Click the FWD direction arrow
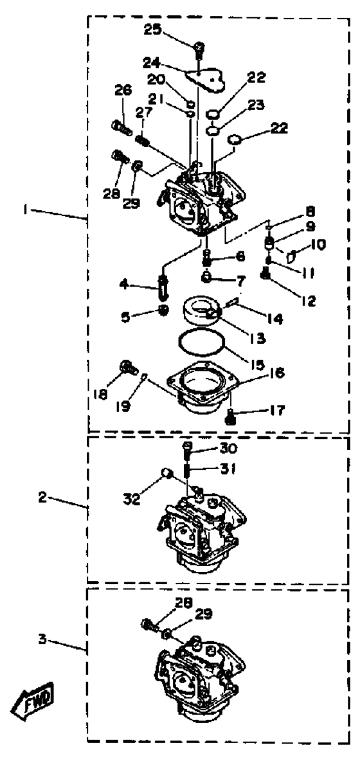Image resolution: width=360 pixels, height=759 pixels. (33, 699)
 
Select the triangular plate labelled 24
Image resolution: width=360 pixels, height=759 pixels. (206, 78)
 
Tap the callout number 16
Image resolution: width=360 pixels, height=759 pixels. (274, 373)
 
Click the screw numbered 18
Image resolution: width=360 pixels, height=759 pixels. (125, 369)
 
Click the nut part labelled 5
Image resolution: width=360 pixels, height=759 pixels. (163, 310)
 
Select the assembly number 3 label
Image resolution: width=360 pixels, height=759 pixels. (44, 639)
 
